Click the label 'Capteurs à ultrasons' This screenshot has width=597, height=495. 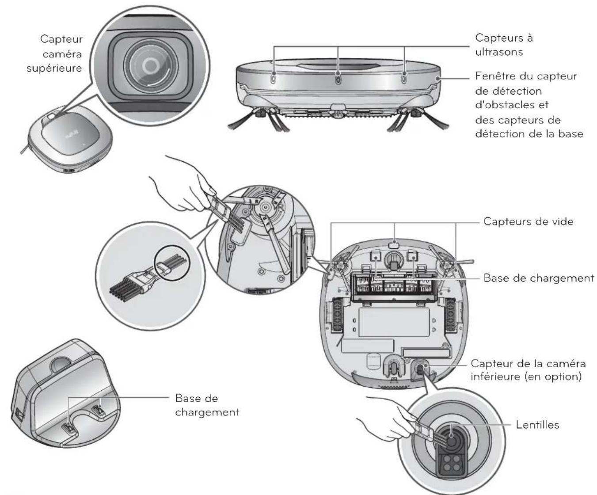pyautogui.click(x=504, y=45)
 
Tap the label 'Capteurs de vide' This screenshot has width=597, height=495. pyautogui.click(x=528, y=221)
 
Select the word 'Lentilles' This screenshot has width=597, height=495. pyautogui.click(x=537, y=425)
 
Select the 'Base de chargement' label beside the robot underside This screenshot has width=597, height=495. pyautogui.click(x=539, y=278)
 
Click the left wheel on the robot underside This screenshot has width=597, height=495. pyautogui.click(x=337, y=315)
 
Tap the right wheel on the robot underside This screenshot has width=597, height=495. pyautogui.click(x=451, y=315)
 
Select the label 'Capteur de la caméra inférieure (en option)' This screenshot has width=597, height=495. pyautogui.click(x=528, y=370)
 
